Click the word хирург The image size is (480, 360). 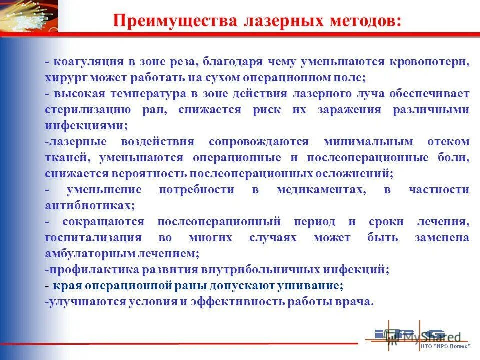click(x=62, y=78)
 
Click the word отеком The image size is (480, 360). click(x=448, y=142)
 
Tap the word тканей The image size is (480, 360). click(x=67, y=158)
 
